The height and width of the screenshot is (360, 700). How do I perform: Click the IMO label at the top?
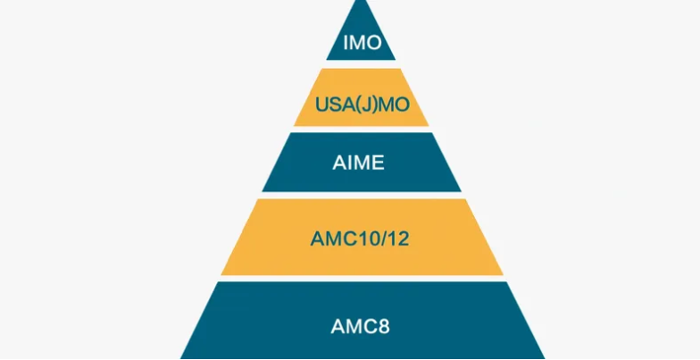click(361, 43)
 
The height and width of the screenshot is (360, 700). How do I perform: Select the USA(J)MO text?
click(361, 105)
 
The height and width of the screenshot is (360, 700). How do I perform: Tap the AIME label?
click(361, 163)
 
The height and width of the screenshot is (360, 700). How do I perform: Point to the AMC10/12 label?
click(361, 239)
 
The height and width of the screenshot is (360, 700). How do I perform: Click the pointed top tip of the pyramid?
click(361, 3)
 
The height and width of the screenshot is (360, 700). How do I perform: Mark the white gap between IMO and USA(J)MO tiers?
click(361, 64)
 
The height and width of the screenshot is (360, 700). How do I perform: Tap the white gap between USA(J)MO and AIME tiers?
click(361, 130)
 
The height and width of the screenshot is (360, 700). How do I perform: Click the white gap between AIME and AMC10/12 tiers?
click(361, 196)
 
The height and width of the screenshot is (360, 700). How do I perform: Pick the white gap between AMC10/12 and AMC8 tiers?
click(361, 278)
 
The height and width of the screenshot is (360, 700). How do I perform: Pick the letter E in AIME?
click(380, 163)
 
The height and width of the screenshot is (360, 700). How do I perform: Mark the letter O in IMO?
click(376, 43)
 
